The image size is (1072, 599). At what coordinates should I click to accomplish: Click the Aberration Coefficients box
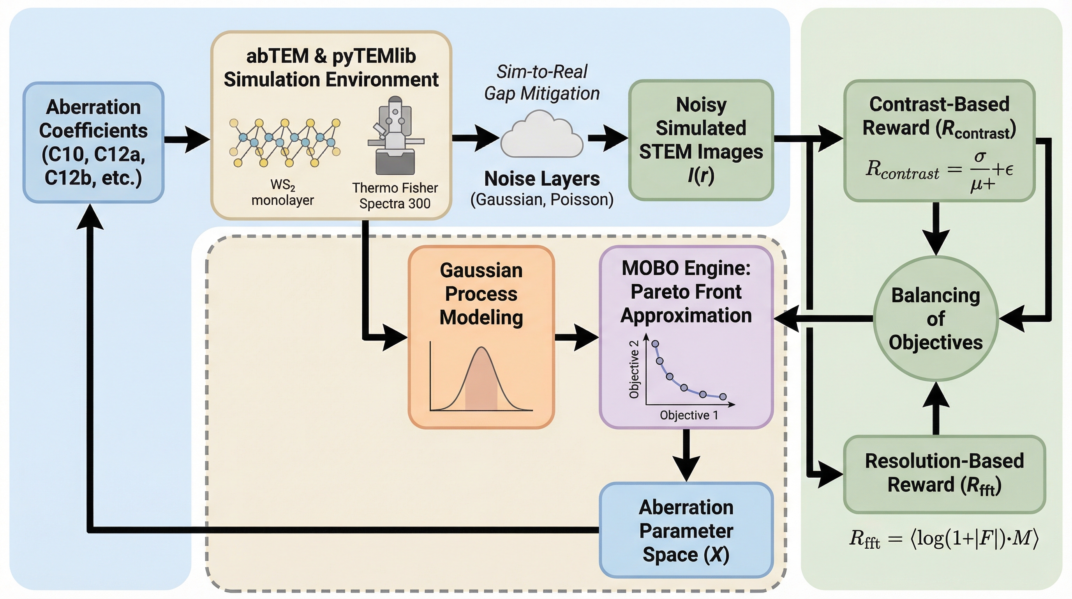(93, 142)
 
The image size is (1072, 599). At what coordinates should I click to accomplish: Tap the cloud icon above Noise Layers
(541, 135)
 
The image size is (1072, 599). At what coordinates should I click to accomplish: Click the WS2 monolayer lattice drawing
(285, 142)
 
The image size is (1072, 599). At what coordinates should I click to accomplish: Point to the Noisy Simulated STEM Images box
(701, 140)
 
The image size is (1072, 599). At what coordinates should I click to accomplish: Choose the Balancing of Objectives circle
(936, 319)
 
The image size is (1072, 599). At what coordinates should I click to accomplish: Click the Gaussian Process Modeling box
(481, 337)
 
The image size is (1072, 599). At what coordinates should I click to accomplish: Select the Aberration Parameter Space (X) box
(686, 530)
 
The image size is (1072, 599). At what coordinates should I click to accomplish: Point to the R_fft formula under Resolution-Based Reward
(943, 539)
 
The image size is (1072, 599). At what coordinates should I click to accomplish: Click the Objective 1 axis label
(689, 415)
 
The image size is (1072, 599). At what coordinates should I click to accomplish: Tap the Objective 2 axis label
(634, 369)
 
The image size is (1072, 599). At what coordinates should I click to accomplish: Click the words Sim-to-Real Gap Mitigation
(542, 82)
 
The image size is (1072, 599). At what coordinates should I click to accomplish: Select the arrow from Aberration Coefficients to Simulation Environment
(187, 139)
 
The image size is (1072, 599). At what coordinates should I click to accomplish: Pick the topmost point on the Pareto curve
(655, 344)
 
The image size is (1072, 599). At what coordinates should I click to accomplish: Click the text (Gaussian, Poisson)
(542, 200)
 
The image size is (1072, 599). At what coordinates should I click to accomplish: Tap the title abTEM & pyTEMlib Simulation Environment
(331, 67)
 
